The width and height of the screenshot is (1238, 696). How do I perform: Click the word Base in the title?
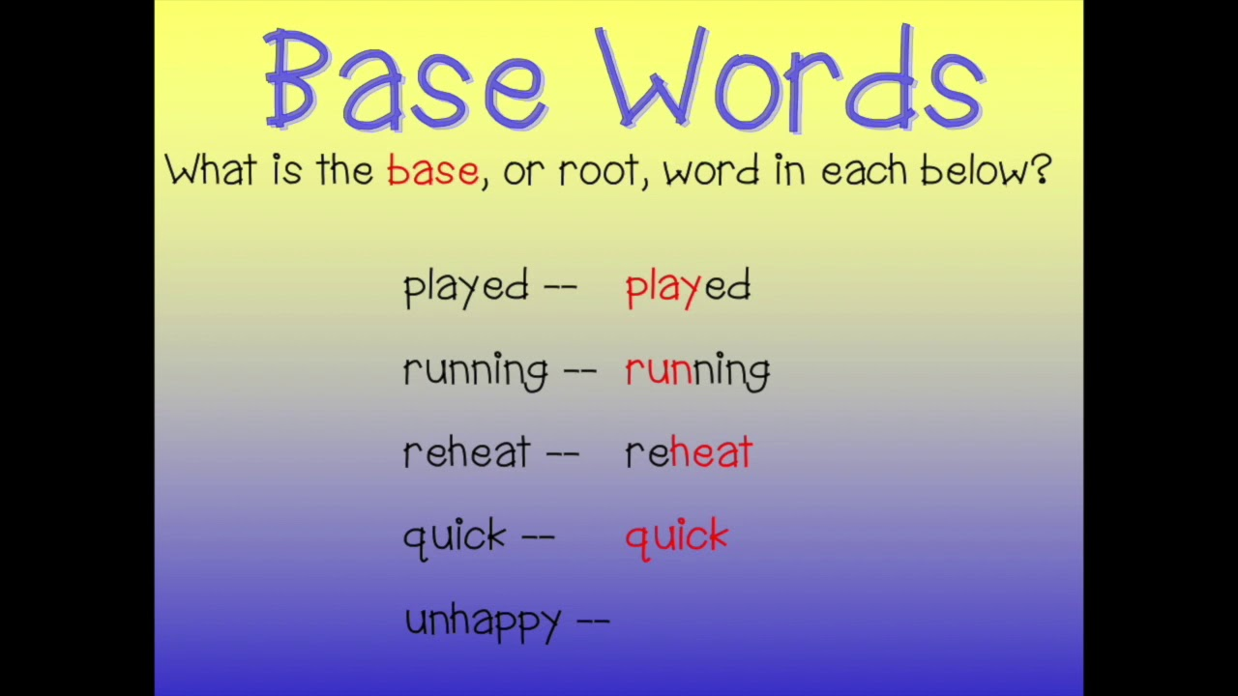tap(406, 79)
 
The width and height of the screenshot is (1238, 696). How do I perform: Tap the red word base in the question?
tap(432, 170)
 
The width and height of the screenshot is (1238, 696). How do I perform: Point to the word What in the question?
tap(211, 169)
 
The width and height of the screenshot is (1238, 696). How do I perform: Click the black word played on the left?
tap(466, 288)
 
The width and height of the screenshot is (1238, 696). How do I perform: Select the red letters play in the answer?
tap(663, 288)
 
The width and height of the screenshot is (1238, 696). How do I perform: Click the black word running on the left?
tap(476, 371)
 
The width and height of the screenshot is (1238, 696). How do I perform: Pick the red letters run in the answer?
tap(659, 370)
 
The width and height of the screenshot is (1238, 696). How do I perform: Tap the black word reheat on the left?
tap(467, 451)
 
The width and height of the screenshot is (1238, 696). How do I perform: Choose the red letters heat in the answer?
tap(711, 451)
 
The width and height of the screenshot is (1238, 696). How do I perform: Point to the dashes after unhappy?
tap(593, 622)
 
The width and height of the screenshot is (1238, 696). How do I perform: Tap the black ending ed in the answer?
tap(727, 286)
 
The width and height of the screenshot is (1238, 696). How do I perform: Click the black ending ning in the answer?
tap(731, 371)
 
